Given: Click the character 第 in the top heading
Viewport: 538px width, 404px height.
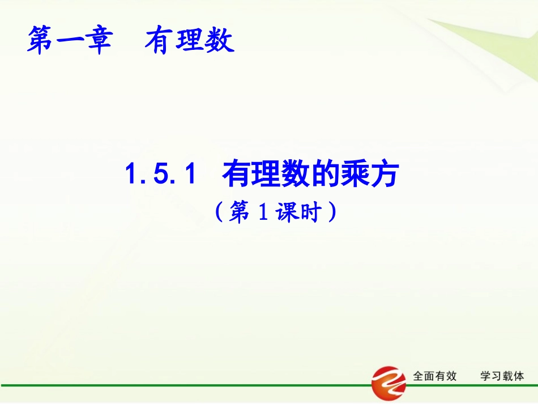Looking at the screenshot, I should [x=41, y=41].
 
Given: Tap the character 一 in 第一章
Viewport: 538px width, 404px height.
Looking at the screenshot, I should [x=70, y=42].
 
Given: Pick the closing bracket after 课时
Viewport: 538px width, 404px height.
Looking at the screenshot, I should [x=333, y=213].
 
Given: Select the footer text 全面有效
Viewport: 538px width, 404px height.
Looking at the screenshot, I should [x=435, y=376].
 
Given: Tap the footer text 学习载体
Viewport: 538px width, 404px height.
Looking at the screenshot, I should [x=502, y=376].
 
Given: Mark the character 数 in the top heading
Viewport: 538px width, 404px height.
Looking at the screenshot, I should [x=219, y=41].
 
